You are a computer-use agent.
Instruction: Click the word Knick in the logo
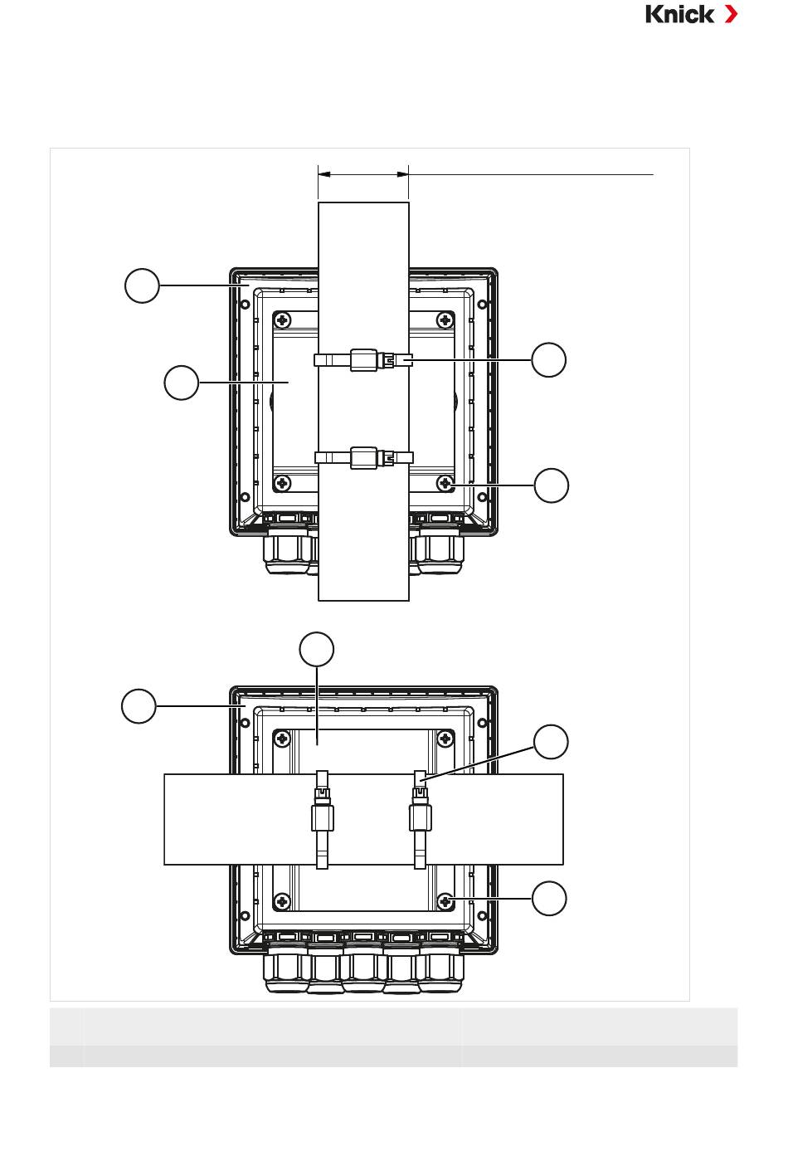[x=679, y=14]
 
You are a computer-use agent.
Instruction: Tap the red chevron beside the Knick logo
[x=731, y=14]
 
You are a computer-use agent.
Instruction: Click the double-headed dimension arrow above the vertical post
[x=363, y=175]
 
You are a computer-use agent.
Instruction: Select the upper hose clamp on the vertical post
[x=363, y=359]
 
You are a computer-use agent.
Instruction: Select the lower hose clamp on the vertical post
[x=363, y=457]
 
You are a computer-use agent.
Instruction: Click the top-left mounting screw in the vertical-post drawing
[x=283, y=320]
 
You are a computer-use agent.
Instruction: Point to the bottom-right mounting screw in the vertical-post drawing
[x=445, y=483]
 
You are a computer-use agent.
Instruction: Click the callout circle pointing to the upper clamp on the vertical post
[x=548, y=359]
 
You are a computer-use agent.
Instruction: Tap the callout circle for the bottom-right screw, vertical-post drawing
[x=552, y=485]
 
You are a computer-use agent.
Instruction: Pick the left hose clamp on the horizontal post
[x=322, y=820]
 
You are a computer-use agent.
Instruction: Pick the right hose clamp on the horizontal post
[x=421, y=820]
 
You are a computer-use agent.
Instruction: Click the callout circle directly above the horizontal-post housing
[x=316, y=649]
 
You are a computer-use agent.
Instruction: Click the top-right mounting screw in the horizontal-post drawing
[x=445, y=739]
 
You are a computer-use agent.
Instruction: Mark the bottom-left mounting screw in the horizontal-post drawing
[x=283, y=900]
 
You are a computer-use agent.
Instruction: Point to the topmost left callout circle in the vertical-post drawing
[x=143, y=285]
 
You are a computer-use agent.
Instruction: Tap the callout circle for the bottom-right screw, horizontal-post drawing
[x=549, y=898]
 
